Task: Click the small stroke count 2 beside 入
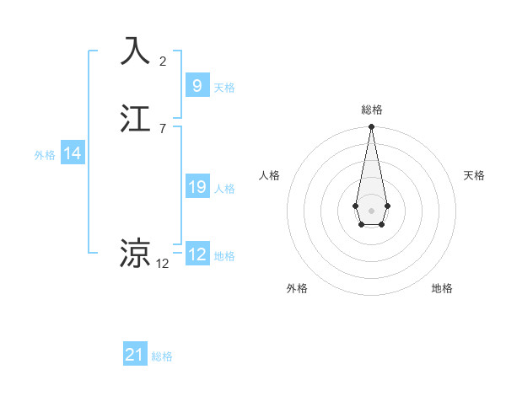click(x=163, y=61)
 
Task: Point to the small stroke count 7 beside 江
click(x=163, y=128)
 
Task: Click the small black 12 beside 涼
click(x=163, y=263)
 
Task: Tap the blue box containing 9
click(x=196, y=85)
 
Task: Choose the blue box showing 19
click(x=196, y=187)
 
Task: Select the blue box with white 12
click(x=196, y=254)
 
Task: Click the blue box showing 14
click(x=73, y=153)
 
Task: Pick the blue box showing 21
click(x=135, y=355)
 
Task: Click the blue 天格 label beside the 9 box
click(x=224, y=88)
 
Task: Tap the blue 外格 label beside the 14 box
click(x=45, y=155)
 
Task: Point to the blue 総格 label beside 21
click(x=162, y=357)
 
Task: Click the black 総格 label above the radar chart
click(x=371, y=110)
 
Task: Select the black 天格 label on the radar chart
click(x=475, y=175)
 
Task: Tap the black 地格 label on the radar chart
click(x=442, y=288)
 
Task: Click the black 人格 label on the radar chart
click(x=269, y=175)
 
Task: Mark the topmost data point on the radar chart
click(x=371, y=127)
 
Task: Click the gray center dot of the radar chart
click(x=371, y=210)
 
